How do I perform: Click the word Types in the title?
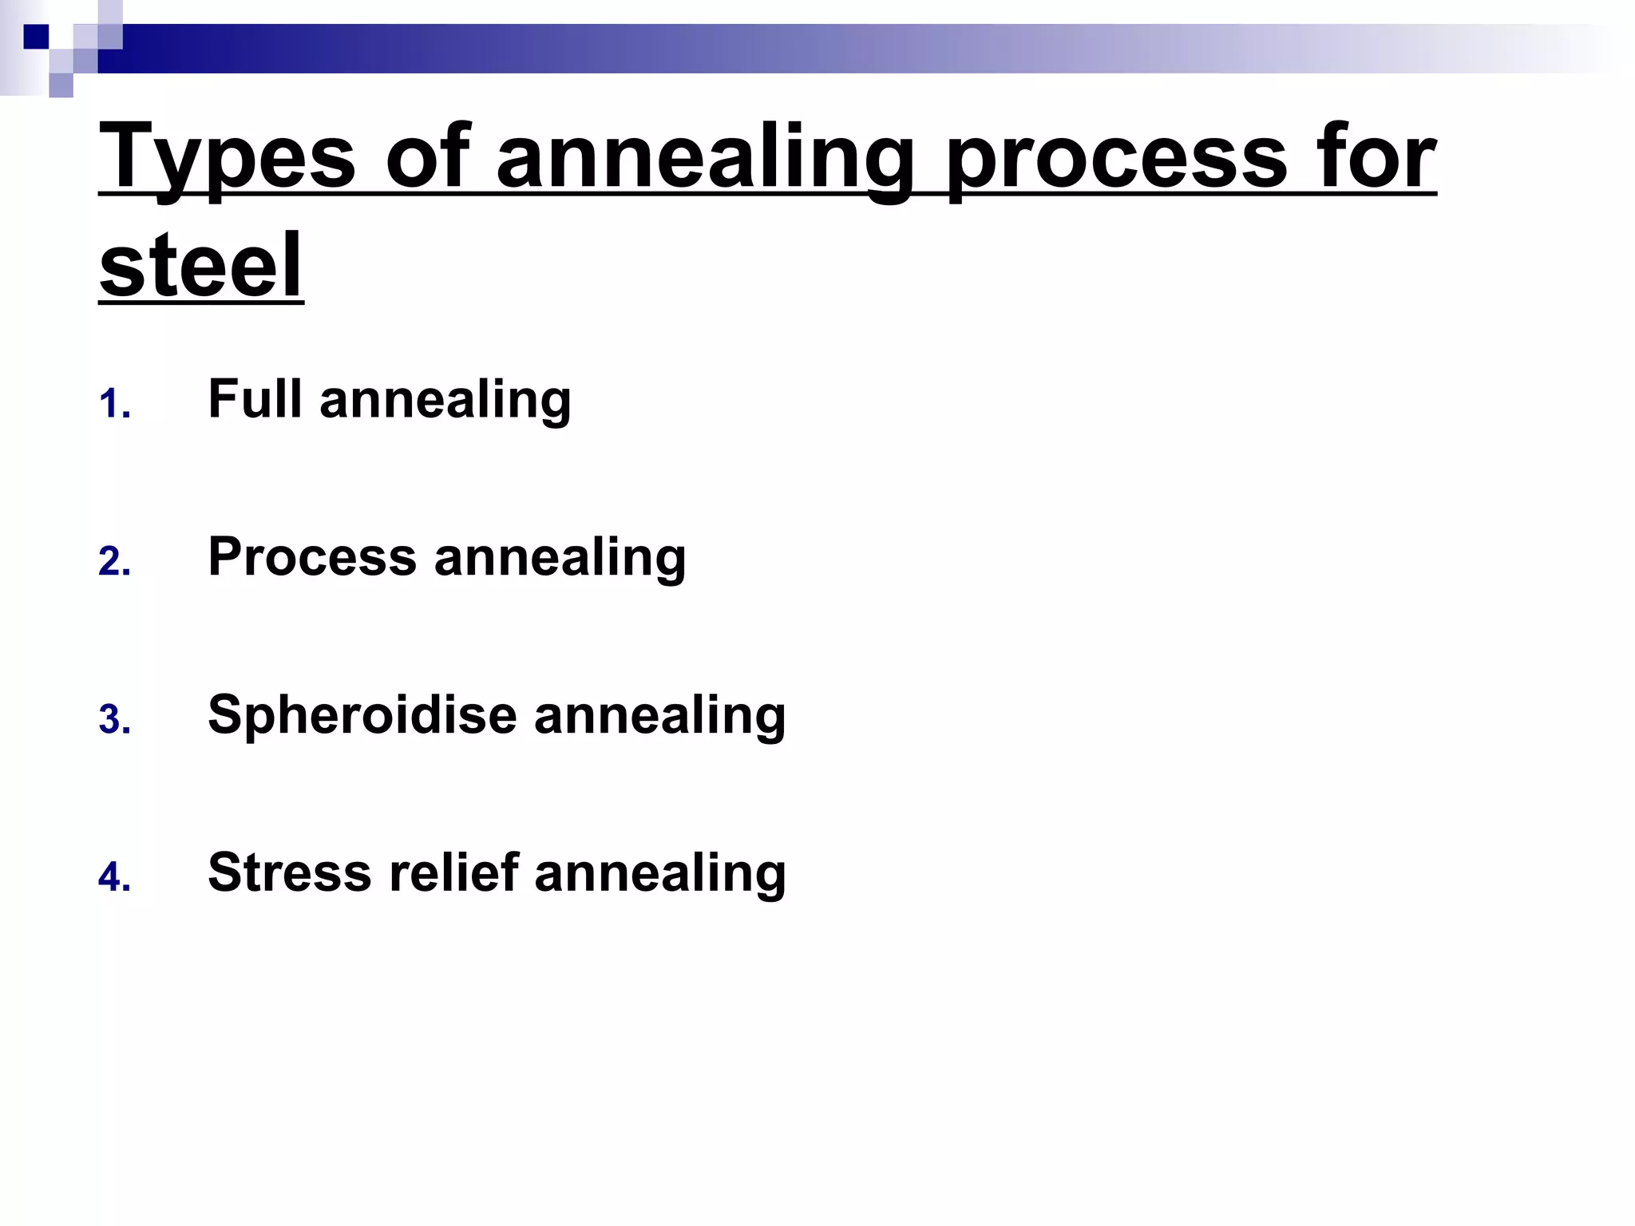228,156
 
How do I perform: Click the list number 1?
114,405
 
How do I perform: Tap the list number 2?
114,562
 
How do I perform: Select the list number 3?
114,719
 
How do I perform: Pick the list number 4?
114,877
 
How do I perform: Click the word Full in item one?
255,398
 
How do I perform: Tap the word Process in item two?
312,556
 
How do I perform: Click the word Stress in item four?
289,872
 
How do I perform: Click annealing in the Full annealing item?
445,400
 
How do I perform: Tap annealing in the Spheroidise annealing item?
660,715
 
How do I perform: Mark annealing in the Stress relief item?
660,873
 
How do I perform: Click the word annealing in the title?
705,156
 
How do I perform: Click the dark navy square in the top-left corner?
36,37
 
